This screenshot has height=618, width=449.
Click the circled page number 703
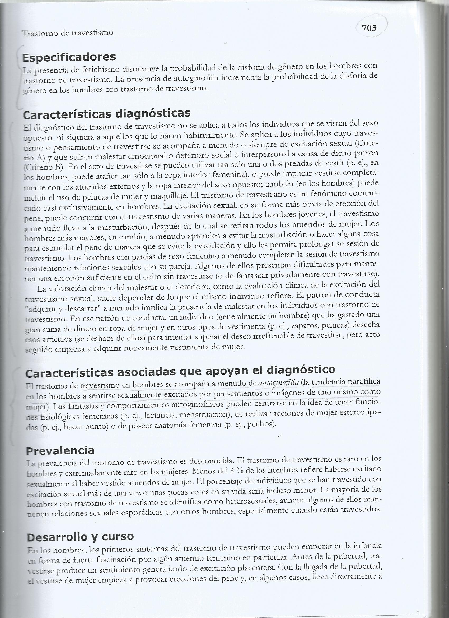tap(369, 28)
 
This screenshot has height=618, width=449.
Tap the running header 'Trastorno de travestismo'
tap(67, 33)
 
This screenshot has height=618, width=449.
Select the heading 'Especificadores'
tap(69, 57)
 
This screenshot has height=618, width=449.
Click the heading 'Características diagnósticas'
tap(107, 114)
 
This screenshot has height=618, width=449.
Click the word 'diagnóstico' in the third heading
tap(301, 370)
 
